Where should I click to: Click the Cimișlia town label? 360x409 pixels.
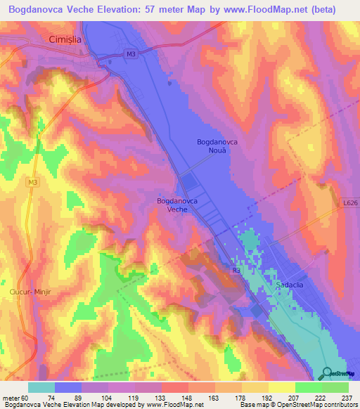pos(65,40)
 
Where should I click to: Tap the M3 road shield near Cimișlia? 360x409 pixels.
pos(131,53)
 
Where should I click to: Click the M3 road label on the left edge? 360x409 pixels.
pos(33,182)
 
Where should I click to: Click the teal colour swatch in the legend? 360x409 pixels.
pos(41,387)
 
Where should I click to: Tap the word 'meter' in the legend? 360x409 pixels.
pos(10,397)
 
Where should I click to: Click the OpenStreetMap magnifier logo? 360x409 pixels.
pos(327,373)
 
